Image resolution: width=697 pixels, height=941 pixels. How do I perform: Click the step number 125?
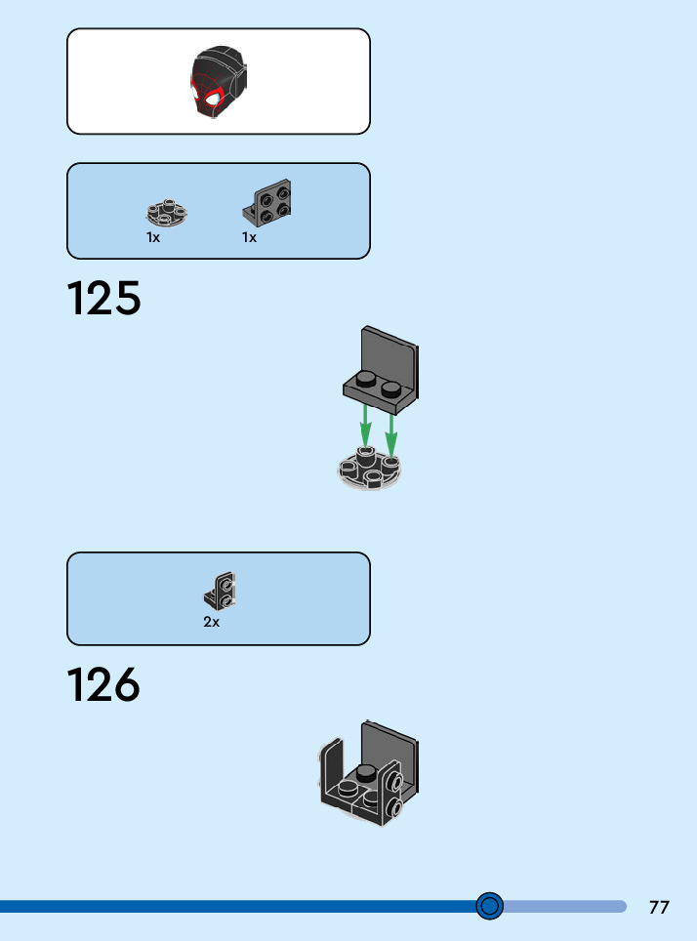pos(104,299)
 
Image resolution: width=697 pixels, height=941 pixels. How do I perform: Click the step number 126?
pos(104,685)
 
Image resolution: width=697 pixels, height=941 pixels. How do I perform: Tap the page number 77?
pos(659,907)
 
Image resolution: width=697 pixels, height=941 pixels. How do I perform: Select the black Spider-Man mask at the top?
pos(218,82)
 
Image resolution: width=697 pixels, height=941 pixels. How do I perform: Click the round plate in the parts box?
pos(167,212)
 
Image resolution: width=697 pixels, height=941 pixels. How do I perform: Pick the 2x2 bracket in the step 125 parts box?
pos(267,203)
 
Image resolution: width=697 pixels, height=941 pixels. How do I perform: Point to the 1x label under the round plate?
pos(153,237)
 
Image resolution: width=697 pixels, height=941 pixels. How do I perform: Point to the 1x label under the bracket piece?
pos(249,237)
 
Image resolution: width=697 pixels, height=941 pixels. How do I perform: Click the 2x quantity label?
pos(211,622)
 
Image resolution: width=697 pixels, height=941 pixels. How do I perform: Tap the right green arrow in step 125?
pos(390,430)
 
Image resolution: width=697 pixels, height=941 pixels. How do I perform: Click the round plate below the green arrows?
pos(369,470)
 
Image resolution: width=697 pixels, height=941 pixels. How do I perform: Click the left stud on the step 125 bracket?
pos(365,380)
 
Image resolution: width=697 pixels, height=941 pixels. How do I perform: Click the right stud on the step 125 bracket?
pos(391,389)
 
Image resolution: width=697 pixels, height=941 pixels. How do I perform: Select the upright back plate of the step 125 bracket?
pos(389,352)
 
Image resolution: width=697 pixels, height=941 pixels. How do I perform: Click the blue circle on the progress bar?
pos(490,907)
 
